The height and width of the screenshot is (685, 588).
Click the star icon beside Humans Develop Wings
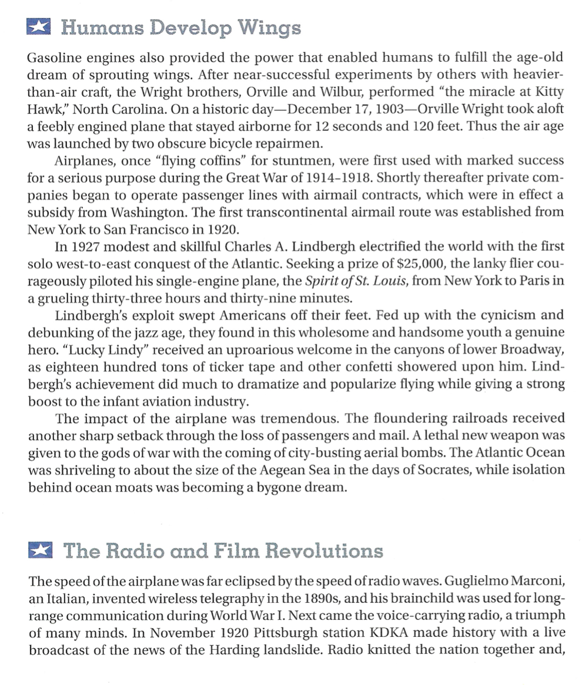click(39, 27)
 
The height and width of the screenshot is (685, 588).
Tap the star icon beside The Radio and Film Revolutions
click(39, 550)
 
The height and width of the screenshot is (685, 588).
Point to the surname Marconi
click(536, 582)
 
